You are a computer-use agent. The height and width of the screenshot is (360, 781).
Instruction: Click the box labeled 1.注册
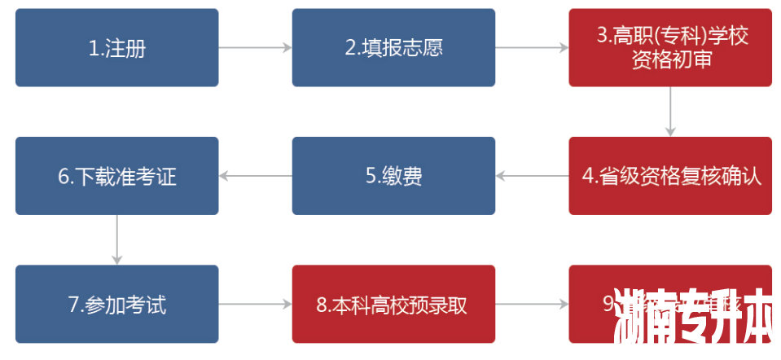click(x=116, y=47)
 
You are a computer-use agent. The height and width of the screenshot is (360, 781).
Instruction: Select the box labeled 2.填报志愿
click(x=393, y=47)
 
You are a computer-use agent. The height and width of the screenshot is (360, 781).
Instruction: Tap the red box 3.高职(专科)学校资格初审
click(x=670, y=47)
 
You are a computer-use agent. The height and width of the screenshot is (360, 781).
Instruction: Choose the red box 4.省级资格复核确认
click(x=670, y=176)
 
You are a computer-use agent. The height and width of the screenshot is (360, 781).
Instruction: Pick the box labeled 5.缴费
click(x=393, y=176)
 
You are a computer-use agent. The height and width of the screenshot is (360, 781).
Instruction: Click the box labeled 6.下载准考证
click(x=116, y=176)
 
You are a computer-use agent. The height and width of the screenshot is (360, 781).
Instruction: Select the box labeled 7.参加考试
click(x=116, y=305)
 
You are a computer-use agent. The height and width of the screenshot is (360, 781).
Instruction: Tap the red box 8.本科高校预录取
click(x=393, y=305)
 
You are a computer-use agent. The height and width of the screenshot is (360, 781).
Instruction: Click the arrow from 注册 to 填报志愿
click(x=255, y=48)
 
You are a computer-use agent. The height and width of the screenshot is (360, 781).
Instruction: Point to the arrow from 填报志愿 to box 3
click(x=532, y=48)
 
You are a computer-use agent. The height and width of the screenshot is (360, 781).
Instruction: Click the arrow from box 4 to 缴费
click(x=532, y=176)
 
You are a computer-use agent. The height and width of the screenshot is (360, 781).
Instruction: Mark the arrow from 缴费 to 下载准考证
click(x=255, y=176)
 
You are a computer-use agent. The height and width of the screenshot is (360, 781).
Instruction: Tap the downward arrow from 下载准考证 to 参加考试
click(x=117, y=239)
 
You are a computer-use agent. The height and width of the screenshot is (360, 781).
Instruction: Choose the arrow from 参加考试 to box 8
click(x=255, y=305)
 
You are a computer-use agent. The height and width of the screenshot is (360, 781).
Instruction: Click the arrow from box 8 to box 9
click(x=532, y=305)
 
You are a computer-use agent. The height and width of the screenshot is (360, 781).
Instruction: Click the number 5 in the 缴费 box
click(x=370, y=176)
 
